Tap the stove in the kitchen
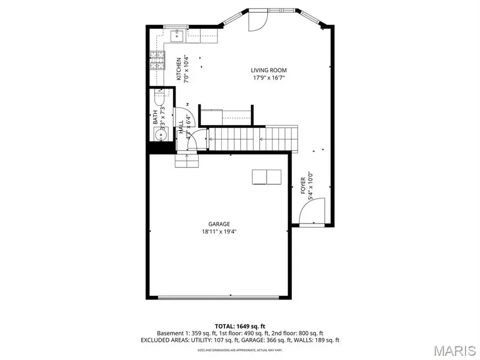pos(157,61)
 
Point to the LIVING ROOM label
pos(269,70)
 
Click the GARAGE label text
pos(220,224)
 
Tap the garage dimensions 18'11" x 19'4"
pos(219,232)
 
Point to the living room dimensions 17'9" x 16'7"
pos(269,78)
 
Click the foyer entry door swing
pos(313,211)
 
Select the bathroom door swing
pos(183,115)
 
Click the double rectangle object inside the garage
pos(266,177)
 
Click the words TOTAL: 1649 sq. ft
pos(240,325)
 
